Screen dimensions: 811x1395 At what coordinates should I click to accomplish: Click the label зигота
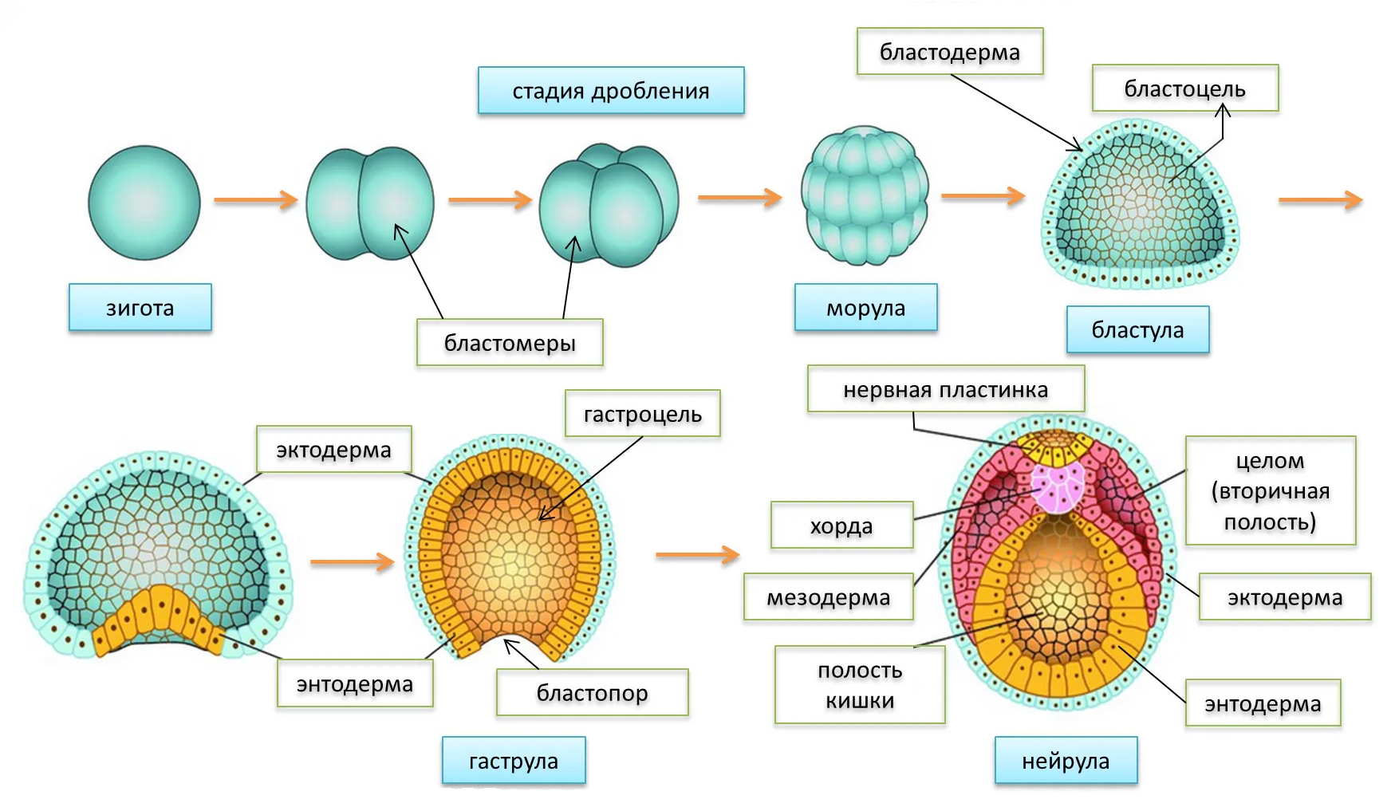140,307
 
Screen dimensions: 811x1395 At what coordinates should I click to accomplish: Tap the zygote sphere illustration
144,203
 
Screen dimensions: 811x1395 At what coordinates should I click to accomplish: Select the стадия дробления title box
611,91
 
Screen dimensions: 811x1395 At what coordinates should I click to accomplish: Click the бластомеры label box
510,343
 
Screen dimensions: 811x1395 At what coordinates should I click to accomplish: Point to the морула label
865,308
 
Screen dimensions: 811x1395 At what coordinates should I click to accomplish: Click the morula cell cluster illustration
865,195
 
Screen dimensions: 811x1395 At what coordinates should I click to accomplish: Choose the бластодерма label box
949,52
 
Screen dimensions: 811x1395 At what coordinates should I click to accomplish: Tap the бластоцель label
1184,89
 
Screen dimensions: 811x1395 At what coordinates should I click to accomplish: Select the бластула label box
1137,329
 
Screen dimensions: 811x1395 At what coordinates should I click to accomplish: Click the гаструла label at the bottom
514,761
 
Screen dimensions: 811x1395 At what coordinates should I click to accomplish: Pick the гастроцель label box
642,414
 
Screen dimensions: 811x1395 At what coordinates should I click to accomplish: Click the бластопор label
592,693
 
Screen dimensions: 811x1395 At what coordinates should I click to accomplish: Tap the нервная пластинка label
945,389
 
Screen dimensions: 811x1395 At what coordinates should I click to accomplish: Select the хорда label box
841,526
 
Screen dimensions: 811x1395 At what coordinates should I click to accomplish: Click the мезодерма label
828,597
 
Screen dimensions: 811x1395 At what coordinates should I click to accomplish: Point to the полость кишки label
860,685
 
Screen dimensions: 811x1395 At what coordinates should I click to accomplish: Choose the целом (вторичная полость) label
1270,490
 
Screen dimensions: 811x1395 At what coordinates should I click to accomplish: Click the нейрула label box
1066,761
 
